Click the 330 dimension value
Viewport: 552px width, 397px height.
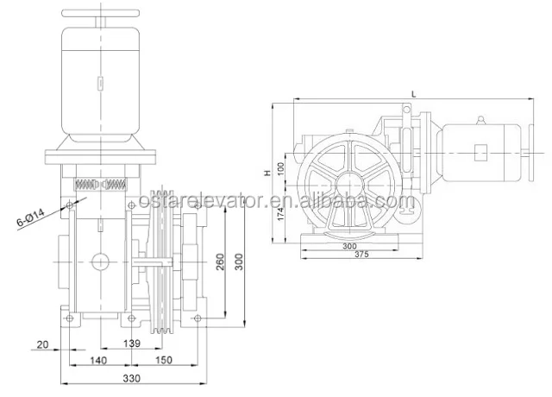pos(132,378)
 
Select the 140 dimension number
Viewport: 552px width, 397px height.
pos(98,361)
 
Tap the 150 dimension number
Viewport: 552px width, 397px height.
pos(164,360)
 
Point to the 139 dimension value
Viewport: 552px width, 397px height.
pos(132,343)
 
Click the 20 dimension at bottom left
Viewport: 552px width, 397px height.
pos(42,344)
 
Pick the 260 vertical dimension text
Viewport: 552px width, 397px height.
pos(220,262)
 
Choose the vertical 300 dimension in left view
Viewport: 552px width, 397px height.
pos(239,262)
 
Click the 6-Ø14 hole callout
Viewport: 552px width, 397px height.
pos(31,217)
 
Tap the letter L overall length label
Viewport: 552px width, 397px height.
pos(414,94)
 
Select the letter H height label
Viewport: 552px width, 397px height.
pos(268,173)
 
